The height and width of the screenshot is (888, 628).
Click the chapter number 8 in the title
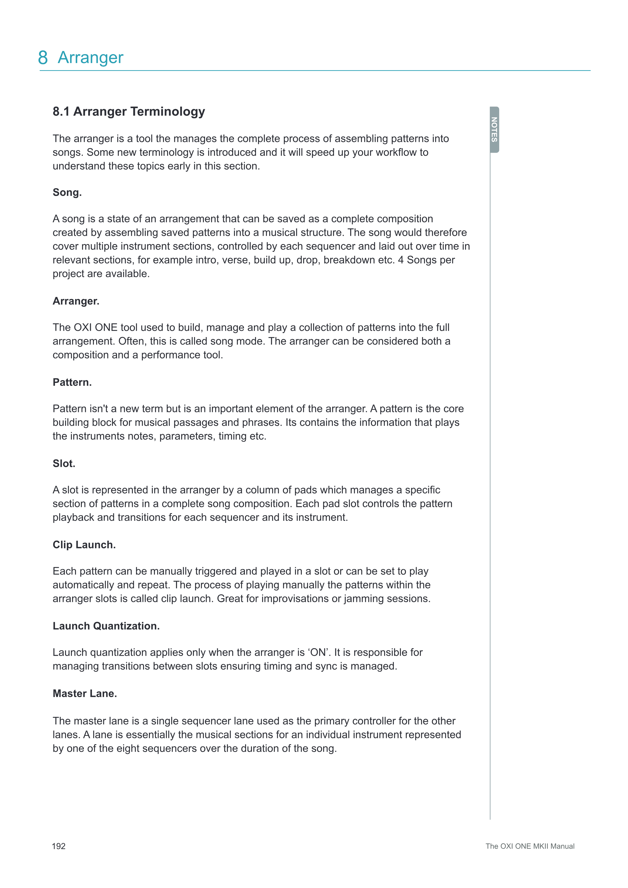pyautogui.click(x=43, y=58)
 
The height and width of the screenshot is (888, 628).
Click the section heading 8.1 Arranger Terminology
pyautogui.click(x=129, y=112)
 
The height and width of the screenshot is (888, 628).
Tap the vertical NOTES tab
pyautogui.click(x=494, y=130)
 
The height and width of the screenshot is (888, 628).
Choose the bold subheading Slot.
pyautogui.click(x=64, y=464)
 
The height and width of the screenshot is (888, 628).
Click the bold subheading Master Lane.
pyautogui.click(x=85, y=694)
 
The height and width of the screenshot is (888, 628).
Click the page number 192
pyautogui.click(x=59, y=846)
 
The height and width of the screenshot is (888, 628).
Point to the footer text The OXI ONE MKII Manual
pyautogui.click(x=530, y=846)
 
